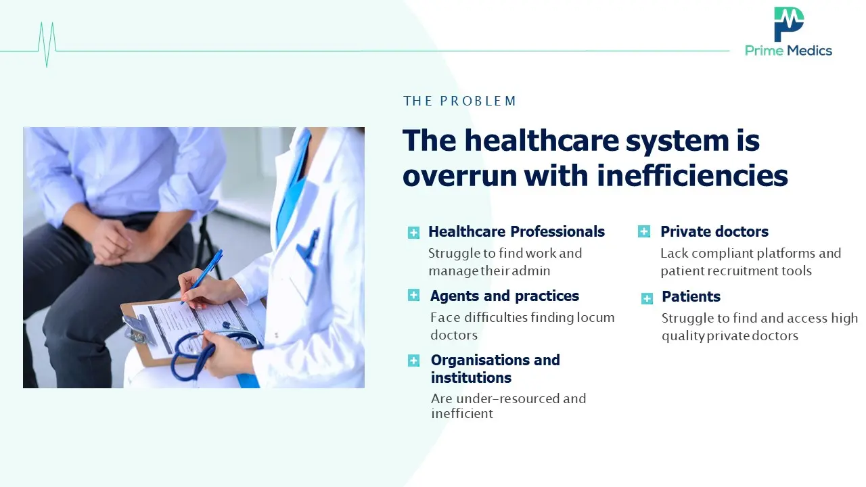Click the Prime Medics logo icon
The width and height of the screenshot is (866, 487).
(789, 24)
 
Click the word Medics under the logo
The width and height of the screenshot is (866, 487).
(810, 51)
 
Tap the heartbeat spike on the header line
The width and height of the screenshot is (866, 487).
(47, 45)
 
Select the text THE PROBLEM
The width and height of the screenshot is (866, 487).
(459, 101)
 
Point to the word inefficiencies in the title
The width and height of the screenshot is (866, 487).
(692, 175)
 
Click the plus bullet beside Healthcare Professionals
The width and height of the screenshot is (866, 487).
(413, 233)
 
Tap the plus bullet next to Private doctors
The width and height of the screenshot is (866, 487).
(643, 231)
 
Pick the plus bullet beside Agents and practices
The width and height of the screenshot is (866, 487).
(413, 296)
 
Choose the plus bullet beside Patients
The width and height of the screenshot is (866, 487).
(647, 298)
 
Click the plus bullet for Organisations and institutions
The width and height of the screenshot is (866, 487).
(413, 361)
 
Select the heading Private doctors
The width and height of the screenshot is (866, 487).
(714, 231)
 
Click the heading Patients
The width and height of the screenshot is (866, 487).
(691, 296)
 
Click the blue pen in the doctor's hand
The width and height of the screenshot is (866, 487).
(202, 277)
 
